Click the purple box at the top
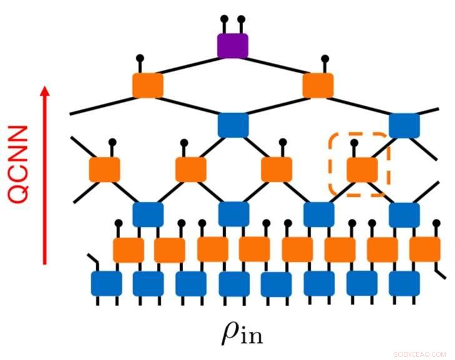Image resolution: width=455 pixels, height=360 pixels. point(232,46)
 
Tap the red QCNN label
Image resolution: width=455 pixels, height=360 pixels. point(19,164)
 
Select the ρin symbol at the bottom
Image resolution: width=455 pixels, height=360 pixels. point(241,334)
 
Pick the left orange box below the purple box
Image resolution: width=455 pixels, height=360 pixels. point(148,86)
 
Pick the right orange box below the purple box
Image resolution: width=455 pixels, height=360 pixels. point(317,86)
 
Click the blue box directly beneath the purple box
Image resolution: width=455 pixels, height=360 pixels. point(233,124)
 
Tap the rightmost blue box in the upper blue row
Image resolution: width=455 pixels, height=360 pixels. point(404,124)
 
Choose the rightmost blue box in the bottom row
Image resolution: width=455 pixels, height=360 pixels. point(404,283)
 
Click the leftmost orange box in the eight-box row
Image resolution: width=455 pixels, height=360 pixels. point(128,249)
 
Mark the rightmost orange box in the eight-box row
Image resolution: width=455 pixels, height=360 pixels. point(425,249)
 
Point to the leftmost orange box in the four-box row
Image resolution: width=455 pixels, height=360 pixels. point(104,169)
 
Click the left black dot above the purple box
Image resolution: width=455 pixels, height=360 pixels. point(224,20)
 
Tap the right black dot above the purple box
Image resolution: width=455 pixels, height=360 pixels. point(242,20)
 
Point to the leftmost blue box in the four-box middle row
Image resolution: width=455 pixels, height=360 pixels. point(148,214)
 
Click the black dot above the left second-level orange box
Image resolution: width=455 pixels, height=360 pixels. point(140,59)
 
